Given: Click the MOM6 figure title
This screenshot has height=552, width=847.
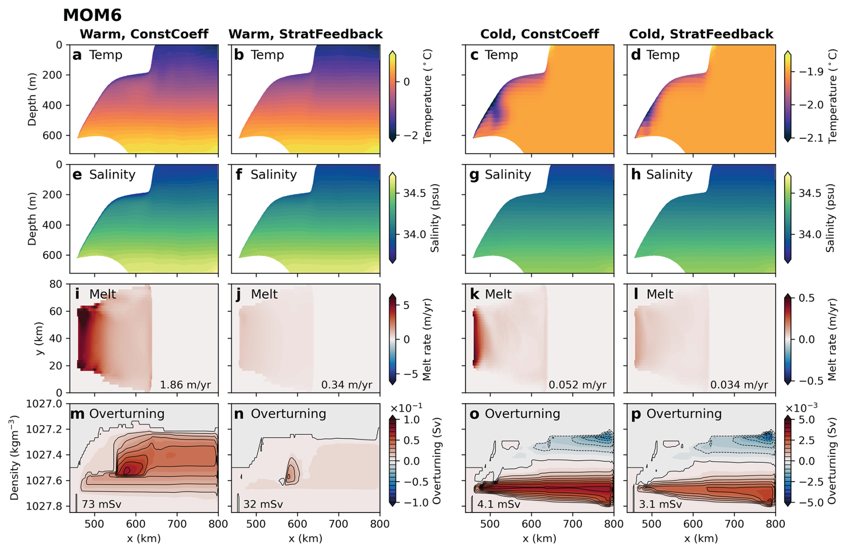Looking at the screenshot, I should pos(92,15).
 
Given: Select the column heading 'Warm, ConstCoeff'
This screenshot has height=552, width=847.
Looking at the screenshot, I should pos(144,34).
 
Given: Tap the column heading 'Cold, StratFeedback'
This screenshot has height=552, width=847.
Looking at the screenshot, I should pos(701,34).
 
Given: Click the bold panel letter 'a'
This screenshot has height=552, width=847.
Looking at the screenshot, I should pos(77,55).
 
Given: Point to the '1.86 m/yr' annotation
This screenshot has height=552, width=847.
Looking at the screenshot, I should pos(185,385).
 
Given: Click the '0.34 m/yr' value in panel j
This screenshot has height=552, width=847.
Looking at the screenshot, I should pos(346,385).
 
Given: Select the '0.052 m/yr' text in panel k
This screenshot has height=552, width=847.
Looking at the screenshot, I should pos(577,385).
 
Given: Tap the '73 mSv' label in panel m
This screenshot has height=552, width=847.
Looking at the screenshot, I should pos(101,504).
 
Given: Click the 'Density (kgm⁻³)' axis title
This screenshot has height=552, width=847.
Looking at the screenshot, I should pos(14,458).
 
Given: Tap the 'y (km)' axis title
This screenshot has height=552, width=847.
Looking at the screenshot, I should pos(39,338).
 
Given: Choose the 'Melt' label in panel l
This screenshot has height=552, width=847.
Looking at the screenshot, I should pos(659,294).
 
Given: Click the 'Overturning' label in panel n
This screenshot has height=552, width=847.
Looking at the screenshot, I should pos(288,414).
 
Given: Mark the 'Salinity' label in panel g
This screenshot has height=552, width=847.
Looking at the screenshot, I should pos(508,175).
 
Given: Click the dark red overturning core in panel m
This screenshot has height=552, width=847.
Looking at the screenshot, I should pos(127,470).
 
